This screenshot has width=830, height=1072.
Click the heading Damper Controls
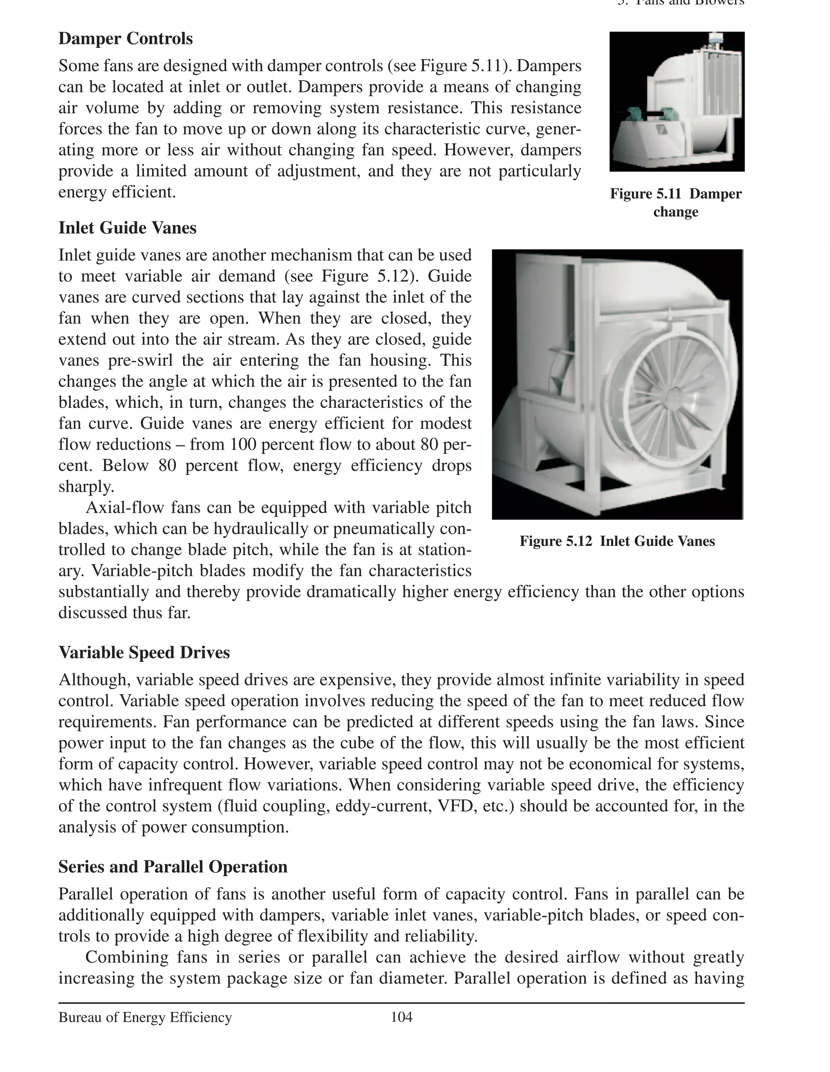tap(125, 39)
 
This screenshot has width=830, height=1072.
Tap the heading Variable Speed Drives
tap(144, 652)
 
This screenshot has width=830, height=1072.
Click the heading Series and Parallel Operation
tap(173, 866)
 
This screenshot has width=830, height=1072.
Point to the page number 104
tap(401, 1017)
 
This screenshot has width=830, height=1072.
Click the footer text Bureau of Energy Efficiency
tap(145, 1017)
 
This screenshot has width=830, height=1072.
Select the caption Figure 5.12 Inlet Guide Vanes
tap(617, 541)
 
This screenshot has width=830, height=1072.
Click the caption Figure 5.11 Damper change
tap(676, 202)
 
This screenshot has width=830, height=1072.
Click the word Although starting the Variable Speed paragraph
tap(93, 680)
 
